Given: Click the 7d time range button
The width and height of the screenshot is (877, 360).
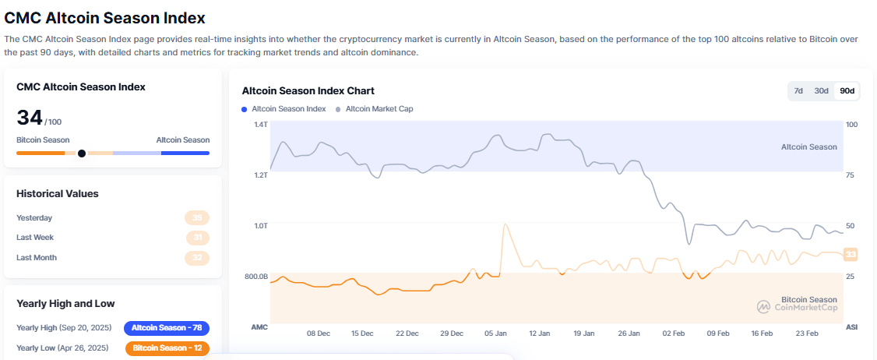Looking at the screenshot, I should coord(798,90).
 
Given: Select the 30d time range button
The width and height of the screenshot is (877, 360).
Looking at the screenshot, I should coord(821,90).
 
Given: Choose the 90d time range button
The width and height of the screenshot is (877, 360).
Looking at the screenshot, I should coord(847,90).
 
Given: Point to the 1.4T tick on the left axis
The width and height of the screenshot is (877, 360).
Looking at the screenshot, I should coord(260,125).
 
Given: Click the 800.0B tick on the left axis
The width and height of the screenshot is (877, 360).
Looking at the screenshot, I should coord(256,277).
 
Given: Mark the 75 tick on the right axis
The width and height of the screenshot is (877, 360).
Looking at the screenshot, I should coord(851,175).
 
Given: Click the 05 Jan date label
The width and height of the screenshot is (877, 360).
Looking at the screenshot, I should coord(495,334).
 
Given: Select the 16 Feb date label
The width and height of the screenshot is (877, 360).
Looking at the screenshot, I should coord(762,334).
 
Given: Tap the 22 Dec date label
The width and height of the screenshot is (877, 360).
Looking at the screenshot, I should coord(407,334).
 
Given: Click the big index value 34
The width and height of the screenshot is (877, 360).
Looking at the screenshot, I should coord(30,118).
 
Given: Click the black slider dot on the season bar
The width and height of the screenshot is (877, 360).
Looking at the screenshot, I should coord(82,154).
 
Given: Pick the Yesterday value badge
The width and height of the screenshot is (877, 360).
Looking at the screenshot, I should coord(197,218).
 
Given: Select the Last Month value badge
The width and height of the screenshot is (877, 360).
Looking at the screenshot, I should coord(197,258).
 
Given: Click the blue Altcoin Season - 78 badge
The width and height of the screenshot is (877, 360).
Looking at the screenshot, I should coord(167,328).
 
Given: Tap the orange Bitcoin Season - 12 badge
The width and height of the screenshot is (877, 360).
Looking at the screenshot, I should coord(167,348).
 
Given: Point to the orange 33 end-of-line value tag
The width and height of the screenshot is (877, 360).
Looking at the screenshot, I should coord(851,254).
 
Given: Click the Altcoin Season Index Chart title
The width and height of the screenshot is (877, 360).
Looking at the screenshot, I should coord(308,90).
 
